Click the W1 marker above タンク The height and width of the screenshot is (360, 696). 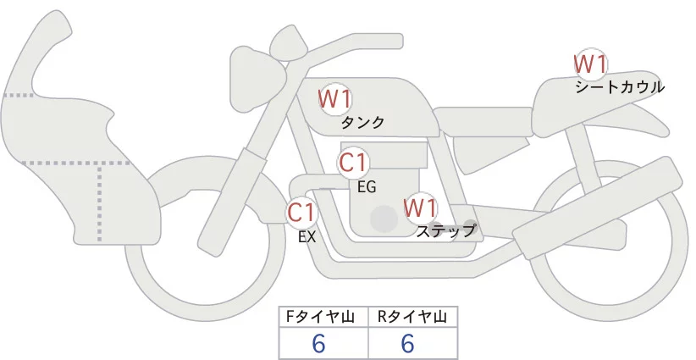[335, 99]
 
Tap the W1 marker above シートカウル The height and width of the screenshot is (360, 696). [591, 64]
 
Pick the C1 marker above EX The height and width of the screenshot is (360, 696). [302, 212]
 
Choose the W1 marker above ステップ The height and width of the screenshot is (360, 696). [420, 208]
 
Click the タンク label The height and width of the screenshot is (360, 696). [362, 123]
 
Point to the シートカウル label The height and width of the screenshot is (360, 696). [620, 86]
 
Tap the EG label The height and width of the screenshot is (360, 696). [367, 186]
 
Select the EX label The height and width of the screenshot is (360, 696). [307, 237]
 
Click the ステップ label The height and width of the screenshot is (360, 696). [446, 230]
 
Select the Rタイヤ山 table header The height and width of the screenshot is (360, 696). [412, 317]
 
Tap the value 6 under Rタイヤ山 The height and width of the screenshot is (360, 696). [407, 343]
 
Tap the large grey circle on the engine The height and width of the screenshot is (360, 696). [385, 219]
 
